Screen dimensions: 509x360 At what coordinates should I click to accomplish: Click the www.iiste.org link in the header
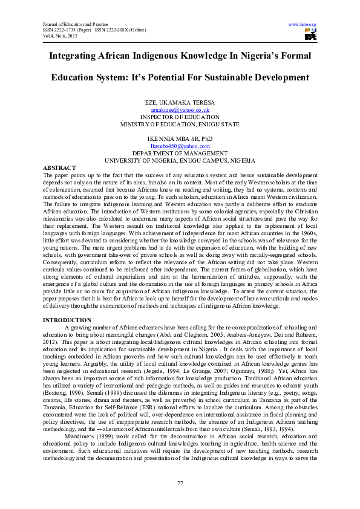(303, 25)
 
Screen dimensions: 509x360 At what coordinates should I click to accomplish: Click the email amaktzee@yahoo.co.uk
(180, 110)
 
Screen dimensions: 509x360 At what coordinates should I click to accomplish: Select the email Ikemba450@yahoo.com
(180, 146)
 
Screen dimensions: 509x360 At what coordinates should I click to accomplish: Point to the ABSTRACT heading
(59, 167)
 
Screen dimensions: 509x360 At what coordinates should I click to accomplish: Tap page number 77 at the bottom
(180, 483)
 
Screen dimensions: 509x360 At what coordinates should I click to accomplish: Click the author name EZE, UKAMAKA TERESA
(180, 103)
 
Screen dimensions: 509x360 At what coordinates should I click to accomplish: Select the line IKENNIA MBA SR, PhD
(180, 138)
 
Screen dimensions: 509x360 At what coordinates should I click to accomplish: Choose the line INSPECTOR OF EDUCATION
(180, 117)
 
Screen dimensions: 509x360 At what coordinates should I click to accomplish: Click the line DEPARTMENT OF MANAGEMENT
(180, 153)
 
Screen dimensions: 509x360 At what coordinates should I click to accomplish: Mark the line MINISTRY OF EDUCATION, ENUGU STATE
(180, 124)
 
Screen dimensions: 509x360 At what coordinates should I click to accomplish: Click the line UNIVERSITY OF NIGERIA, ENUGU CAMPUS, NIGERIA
(180, 160)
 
